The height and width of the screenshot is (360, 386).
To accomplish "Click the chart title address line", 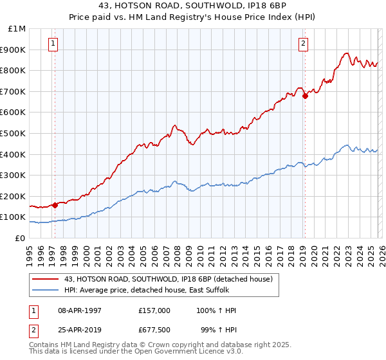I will [193, 6].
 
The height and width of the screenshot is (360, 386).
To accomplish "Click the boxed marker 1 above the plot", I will [52, 44].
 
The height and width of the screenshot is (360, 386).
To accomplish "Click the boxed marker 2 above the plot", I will [302, 44].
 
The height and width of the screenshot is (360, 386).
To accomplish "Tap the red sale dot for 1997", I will [55, 205].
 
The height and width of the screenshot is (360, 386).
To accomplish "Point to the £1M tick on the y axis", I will [17, 28].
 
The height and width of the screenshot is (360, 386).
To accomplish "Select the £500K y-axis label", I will [13, 133].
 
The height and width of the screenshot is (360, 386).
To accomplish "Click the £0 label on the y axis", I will [19, 238].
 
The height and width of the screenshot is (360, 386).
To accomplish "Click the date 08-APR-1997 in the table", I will [80, 310].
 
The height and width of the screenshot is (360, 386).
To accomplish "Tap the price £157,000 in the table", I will [154, 310].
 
